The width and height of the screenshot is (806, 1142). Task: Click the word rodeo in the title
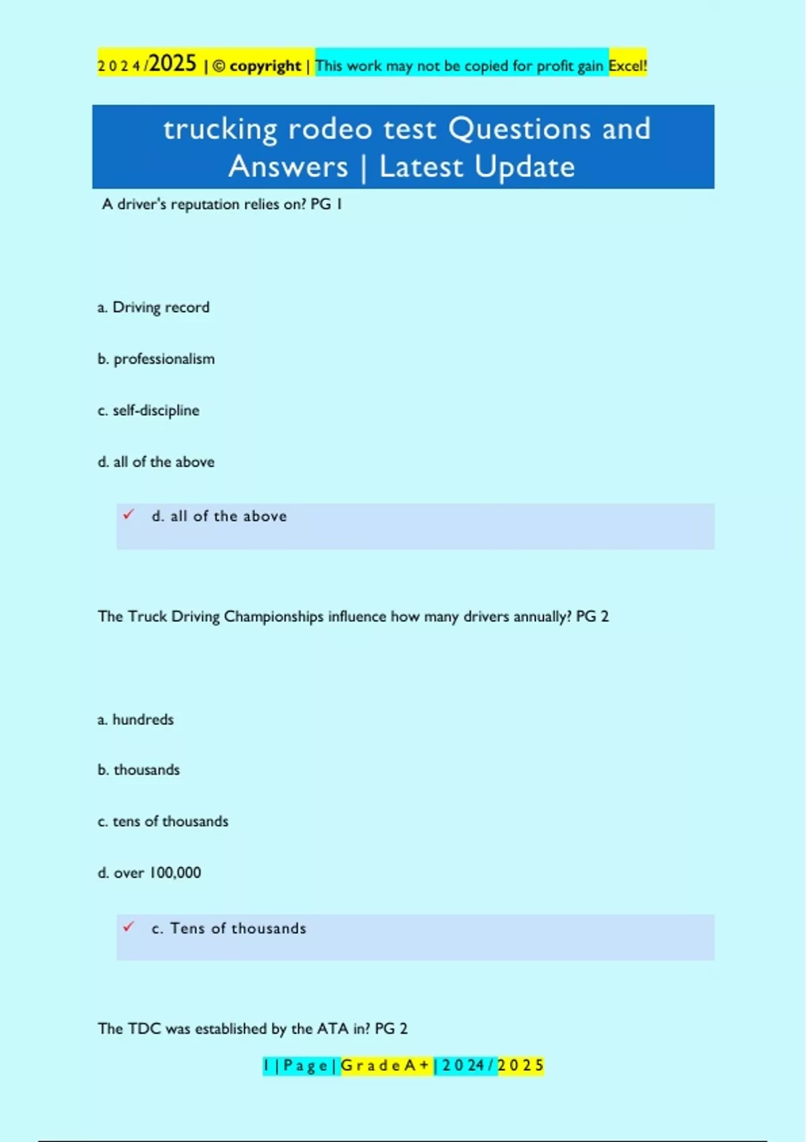(x=330, y=129)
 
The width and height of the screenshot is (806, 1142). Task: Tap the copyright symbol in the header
(x=219, y=67)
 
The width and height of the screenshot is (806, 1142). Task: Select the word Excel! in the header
(x=627, y=66)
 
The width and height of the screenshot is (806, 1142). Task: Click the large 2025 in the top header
(x=173, y=64)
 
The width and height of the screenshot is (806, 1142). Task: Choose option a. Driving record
(x=153, y=308)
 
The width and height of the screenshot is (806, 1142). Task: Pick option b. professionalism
(x=156, y=359)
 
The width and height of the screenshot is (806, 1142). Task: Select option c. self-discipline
(x=148, y=410)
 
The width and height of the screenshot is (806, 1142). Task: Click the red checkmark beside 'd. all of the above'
(x=128, y=515)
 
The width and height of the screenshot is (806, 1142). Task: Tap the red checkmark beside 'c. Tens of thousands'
(x=128, y=927)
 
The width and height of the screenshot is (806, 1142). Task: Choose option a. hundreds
(x=136, y=719)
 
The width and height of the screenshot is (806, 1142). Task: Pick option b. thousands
(x=138, y=770)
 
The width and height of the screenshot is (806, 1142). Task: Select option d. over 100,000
(x=149, y=873)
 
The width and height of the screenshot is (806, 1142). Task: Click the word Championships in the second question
(x=273, y=617)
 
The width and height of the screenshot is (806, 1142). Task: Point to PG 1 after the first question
(x=326, y=204)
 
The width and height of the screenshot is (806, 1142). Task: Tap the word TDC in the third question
(x=144, y=1028)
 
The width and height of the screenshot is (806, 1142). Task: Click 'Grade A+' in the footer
(x=386, y=1065)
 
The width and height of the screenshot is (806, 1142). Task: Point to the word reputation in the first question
(x=205, y=204)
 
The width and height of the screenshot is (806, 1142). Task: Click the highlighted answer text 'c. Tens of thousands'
(x=228, y=928)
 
